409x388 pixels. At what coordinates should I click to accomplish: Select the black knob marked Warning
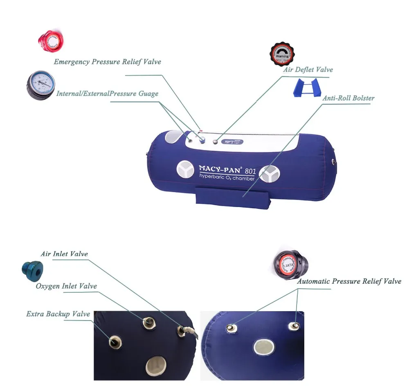click(x=283, y=53)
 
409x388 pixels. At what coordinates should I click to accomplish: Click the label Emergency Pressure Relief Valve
click(x=108, y=62)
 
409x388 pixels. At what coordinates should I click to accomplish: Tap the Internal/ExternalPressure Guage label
click(x=107, y=94)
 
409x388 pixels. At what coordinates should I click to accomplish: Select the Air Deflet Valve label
click(x=308, y=70)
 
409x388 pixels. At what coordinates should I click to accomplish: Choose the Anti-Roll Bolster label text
click(x=348, y=98)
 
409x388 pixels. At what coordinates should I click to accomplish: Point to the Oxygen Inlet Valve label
click(x=66, y=286)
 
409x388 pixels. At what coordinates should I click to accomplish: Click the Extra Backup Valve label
click(x=58, y=314)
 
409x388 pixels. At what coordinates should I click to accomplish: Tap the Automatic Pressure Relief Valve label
click(x=349, y=281)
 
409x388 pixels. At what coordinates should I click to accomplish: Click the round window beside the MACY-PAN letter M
click(x=186, y=170)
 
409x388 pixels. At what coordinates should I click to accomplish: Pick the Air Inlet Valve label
click(x=64, y=254)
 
